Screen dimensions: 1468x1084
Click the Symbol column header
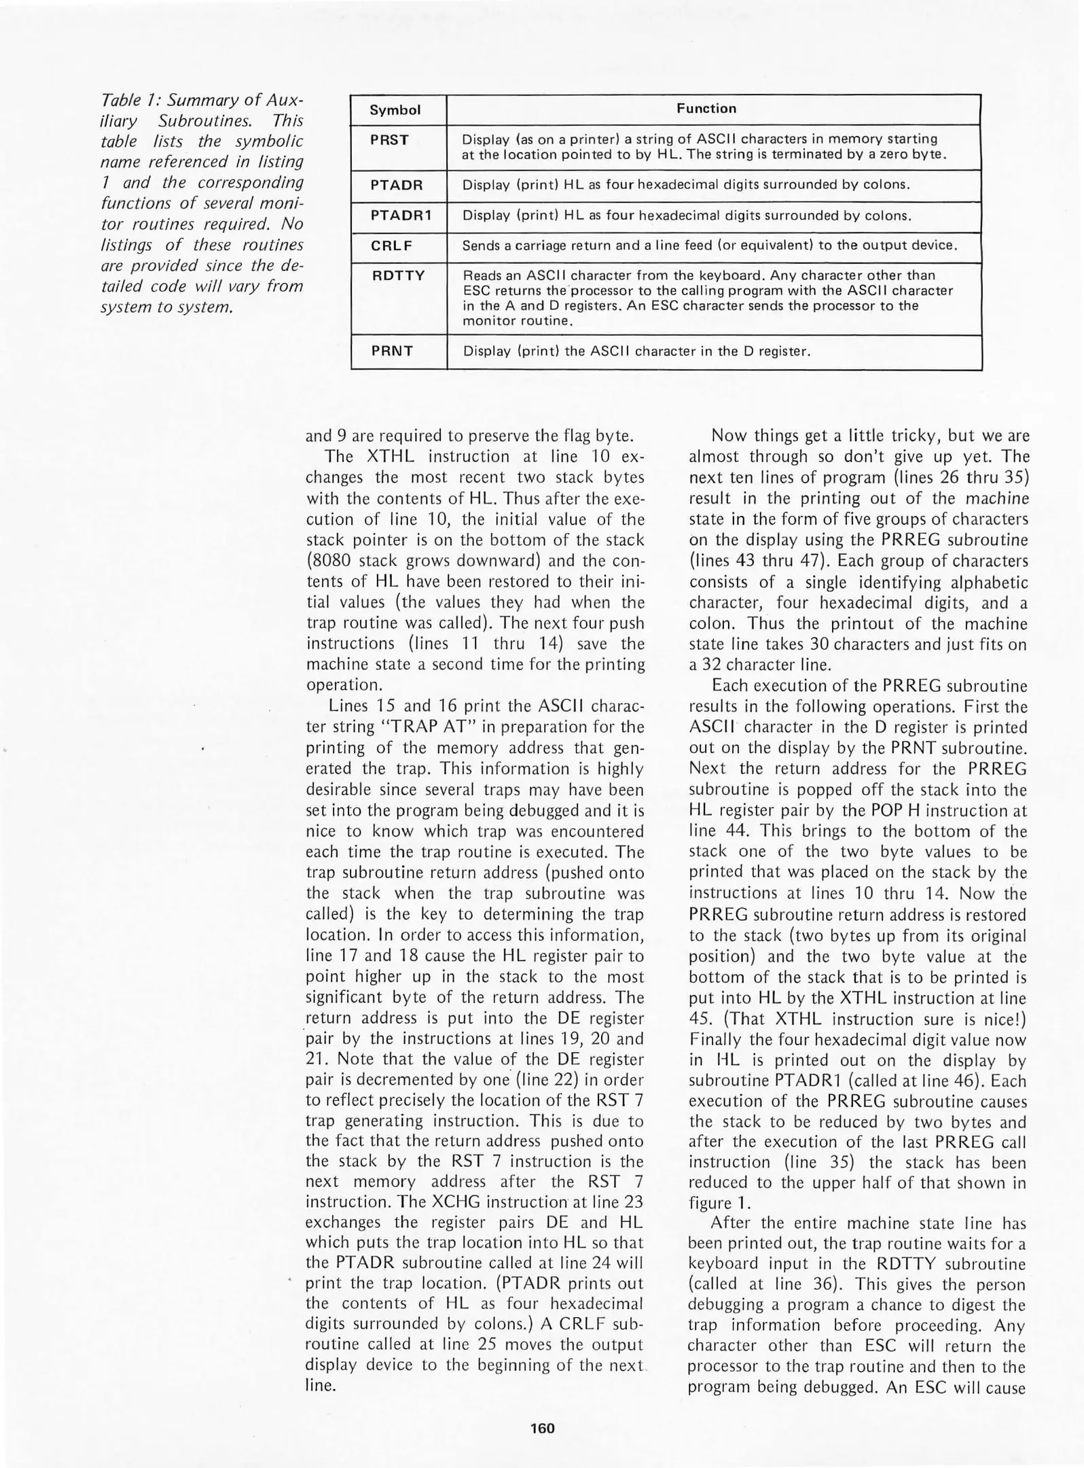click(x=395, y=110)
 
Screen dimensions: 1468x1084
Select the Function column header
click(x=706, y=109)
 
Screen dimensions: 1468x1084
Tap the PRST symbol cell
click(x=389, y=141)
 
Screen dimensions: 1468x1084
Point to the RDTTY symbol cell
click(x=397, y=276)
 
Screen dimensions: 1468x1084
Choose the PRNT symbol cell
click(x=392, y=351)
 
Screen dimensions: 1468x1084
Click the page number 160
click(x=542, y=1428)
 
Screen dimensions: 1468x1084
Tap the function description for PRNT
click(x=636, y=352)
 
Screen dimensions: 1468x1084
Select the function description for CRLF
click(x=709, y=246)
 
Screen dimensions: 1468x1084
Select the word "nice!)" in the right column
click(x=1002, y=1019)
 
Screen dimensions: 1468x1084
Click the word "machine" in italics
click(x=998, y=498)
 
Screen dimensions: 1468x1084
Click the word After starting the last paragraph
click(x=730, y=1224)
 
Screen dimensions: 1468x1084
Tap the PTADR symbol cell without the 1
click(x=396, y=185)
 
